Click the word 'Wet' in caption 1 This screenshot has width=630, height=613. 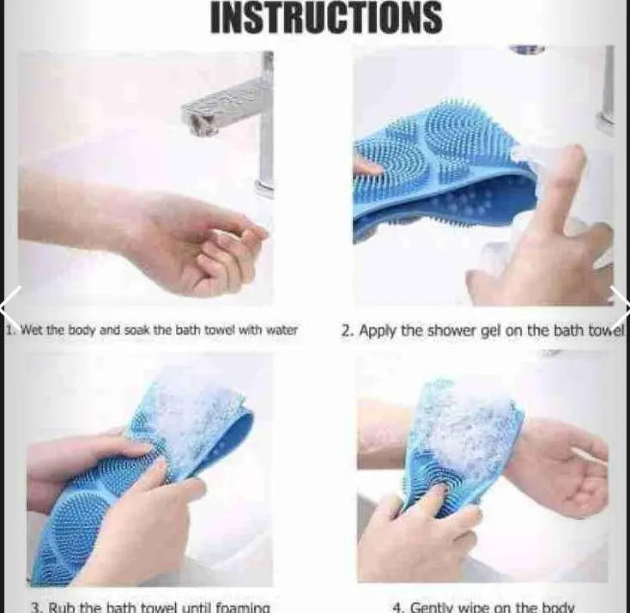31,330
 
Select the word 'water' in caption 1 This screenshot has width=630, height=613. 281,330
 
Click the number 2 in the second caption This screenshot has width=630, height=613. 346,330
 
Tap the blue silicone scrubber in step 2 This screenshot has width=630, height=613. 446,172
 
